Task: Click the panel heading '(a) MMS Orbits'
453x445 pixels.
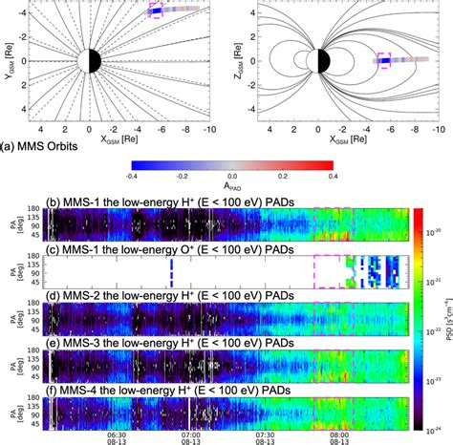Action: pyautogui.click(x=46, y=146)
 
